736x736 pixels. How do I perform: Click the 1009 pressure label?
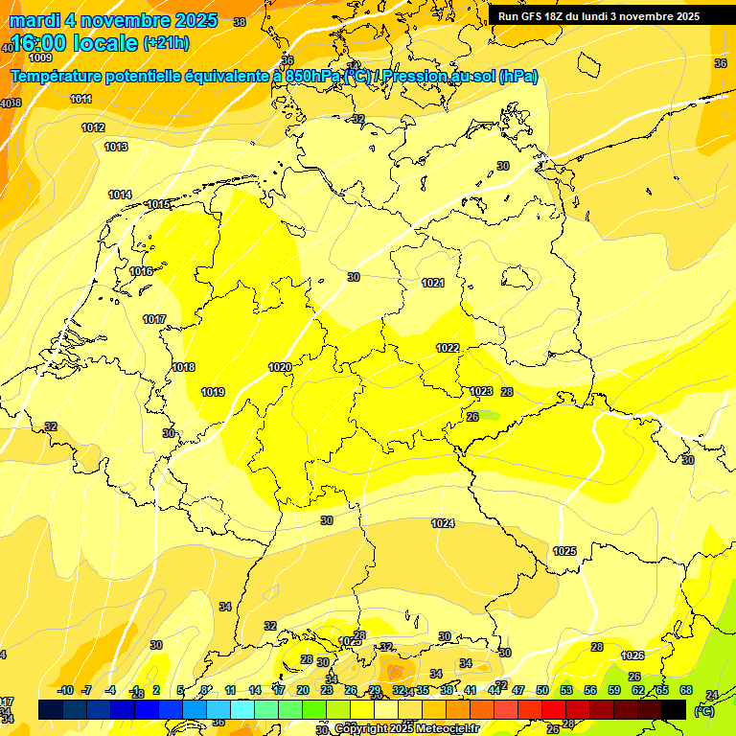tap(40, 57)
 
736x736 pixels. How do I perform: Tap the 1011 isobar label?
tap(80, 99)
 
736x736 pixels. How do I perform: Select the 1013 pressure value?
tap(116, 147)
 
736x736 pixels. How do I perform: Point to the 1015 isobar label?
tap(158, 204)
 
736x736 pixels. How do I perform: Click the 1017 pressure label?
tap(154, 319)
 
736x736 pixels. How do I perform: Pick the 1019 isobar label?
tap(213, 392)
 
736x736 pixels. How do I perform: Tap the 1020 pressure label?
tap(280, 367)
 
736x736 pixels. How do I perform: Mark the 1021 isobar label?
tap(433, 283)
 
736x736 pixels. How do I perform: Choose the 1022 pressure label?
tap(448, 348)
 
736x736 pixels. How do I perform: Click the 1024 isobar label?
tap(443, 523)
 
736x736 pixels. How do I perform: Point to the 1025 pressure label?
tap(564, 551)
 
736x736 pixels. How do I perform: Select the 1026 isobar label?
tap(632, 655)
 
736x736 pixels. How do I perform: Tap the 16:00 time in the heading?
tap(39, 43)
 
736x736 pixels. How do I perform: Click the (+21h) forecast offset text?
tap(166, 43)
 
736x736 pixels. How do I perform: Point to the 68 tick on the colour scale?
tap(686, 690)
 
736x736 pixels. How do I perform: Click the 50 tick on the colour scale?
tap(542, 690)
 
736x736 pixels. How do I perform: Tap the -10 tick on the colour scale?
tap(65, 690)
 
